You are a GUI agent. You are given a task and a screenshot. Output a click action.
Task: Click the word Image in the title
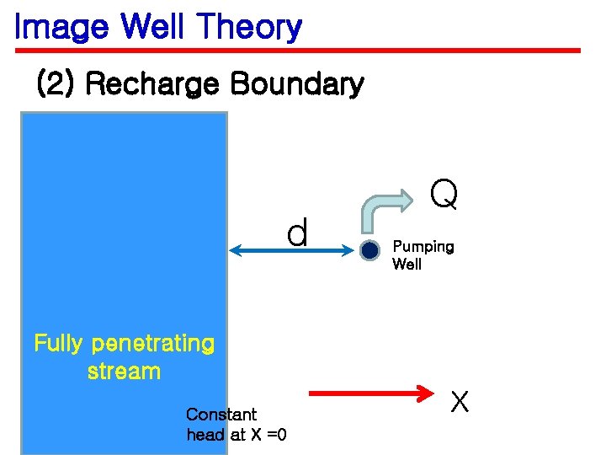click(61, 27)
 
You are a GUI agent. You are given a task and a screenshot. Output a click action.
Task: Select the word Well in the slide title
click(154, 27)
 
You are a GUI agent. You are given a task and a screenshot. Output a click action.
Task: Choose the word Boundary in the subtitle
click(296, 84)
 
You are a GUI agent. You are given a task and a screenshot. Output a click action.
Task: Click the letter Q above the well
click(444, 195)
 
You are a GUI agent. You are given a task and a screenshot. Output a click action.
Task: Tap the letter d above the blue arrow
click(297, 233)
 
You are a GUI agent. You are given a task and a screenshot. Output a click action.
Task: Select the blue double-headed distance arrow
click(290, 249)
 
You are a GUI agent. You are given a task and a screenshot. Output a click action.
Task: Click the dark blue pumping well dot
click(369, 250)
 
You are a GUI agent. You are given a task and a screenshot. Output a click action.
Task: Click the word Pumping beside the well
click(423, 247)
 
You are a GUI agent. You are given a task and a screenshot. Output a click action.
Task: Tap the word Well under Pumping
click(407, 265)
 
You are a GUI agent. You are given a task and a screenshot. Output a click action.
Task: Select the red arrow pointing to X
click(371, 393)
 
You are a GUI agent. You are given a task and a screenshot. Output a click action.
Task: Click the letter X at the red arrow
click(459, 403)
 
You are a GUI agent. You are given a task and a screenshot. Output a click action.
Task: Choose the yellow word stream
click(124, 372)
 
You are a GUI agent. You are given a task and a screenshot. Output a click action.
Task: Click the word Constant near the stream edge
click(221, 415)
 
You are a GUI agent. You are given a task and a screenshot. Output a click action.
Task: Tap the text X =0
click(268, 435)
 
